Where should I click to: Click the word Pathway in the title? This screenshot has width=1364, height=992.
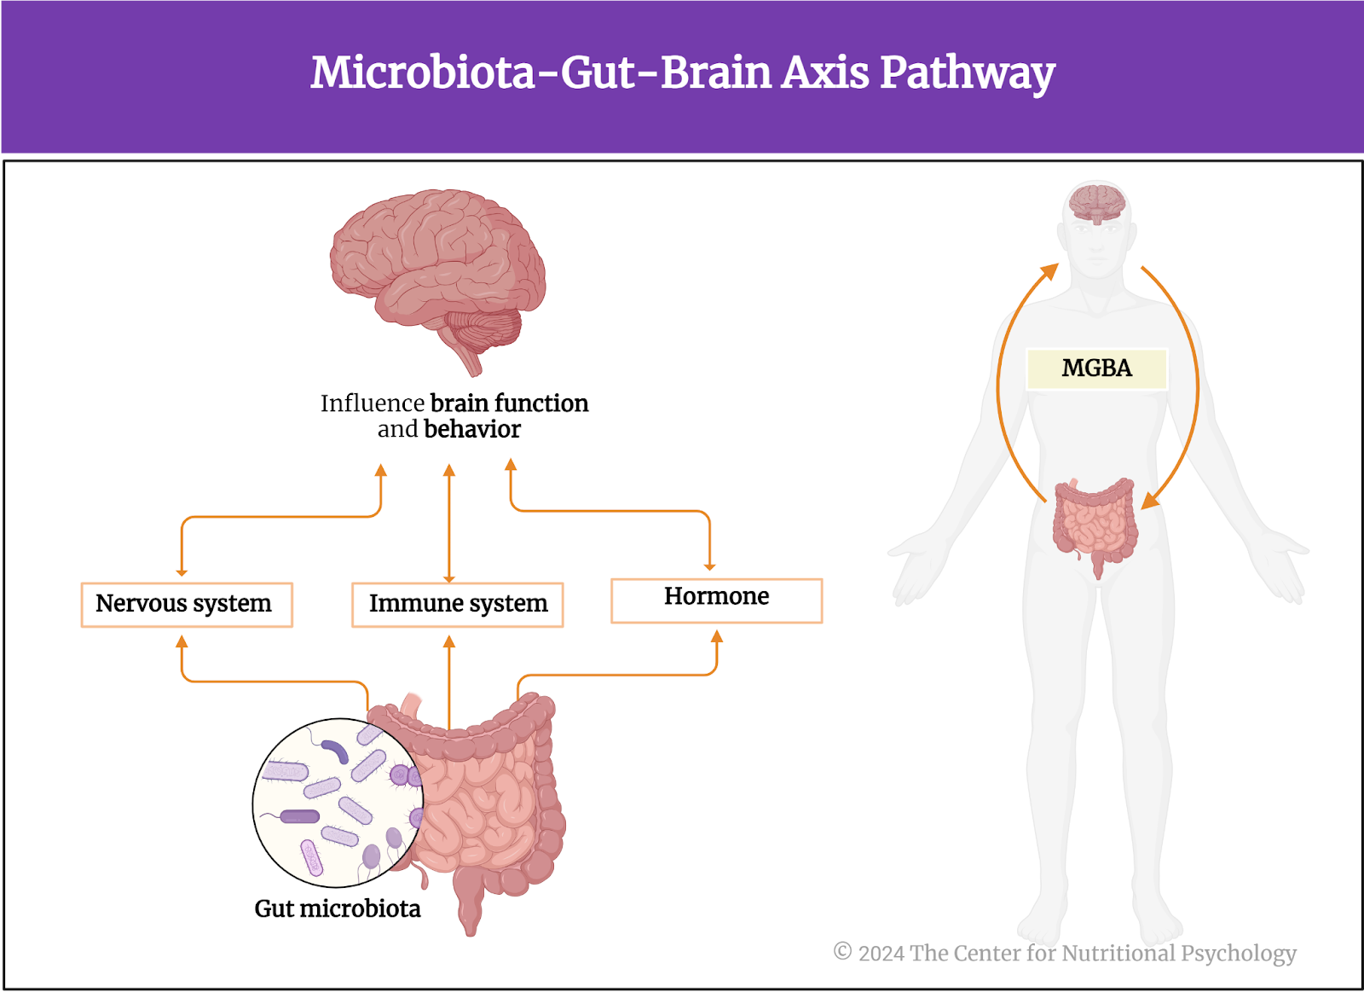(968, 74)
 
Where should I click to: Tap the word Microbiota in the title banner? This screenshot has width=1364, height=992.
(423, 73)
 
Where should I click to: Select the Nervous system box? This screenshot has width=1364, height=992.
(187, 605)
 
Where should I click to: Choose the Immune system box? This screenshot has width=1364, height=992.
(457, 605)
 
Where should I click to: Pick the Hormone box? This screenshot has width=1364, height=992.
(717, 600)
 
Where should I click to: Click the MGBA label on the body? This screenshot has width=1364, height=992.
(1096, 368)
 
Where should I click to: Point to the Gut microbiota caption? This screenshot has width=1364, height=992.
(338, 908)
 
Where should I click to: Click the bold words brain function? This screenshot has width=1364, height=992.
(509, 403)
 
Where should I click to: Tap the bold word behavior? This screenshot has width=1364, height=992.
(472, 430)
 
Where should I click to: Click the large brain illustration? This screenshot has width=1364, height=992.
(437, 281)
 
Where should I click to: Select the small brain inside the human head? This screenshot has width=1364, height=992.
(1097, 204)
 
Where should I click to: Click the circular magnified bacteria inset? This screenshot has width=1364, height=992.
(338, 803)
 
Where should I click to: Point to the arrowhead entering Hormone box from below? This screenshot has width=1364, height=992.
(717, 636)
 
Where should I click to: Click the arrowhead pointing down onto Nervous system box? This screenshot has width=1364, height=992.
(182, 572)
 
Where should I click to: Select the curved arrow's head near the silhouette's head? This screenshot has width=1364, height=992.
(1049, 272)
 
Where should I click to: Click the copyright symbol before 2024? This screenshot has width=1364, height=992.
(842, 951)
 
